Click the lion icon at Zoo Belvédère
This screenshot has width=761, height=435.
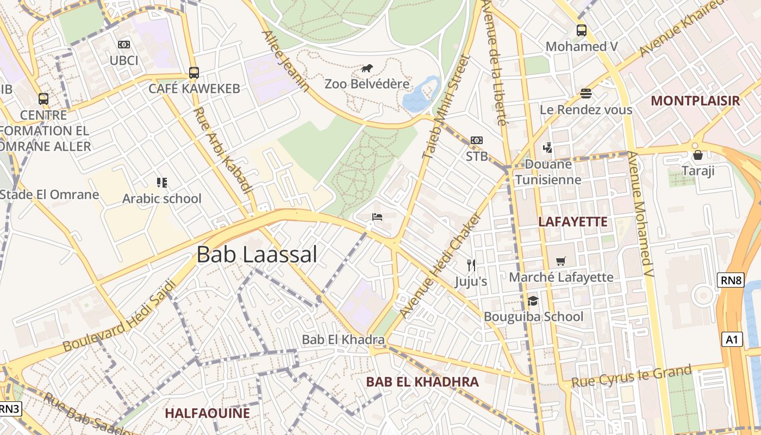367,69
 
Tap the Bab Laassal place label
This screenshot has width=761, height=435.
257,254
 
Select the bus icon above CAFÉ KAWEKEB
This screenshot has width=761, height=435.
194,72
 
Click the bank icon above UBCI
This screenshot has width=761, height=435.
124,45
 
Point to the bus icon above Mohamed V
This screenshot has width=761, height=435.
582,30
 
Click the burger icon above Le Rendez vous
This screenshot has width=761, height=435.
585,94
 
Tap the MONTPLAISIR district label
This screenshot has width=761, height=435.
695,101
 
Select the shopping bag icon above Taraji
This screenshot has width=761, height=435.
697,156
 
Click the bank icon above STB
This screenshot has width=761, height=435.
477,140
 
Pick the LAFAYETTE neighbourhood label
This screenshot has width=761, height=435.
572,222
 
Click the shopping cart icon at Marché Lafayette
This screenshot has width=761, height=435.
560,262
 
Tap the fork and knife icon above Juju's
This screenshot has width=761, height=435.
471,265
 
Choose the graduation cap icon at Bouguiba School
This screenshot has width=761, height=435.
533,301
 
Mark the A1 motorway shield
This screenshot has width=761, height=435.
732,340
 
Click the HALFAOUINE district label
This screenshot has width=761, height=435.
207,413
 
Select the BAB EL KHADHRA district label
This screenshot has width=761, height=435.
422,382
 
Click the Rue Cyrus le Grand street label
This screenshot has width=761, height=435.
631,377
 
